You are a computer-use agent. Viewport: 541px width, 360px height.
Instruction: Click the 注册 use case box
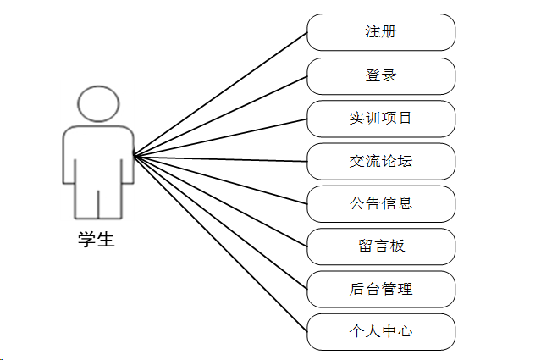381,32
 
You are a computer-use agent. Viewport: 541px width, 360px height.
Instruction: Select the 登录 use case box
381,75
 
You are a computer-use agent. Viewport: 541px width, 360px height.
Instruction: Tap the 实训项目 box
381,118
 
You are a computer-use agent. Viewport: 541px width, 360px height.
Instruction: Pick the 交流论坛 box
381,161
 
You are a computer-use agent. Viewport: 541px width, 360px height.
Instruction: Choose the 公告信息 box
381,203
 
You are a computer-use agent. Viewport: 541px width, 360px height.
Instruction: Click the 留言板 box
381,246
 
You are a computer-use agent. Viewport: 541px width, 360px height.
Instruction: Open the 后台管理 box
381,289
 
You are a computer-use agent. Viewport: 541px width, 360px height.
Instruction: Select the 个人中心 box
381,331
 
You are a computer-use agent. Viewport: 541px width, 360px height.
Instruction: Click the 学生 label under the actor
97,240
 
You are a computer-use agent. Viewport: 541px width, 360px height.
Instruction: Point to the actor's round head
97,103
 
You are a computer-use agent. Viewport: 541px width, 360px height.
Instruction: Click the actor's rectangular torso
98,157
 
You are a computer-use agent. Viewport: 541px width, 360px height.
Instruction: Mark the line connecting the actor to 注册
220,94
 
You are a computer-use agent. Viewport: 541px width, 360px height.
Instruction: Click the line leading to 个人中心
220,244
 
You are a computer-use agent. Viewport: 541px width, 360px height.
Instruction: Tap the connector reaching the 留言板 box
220,201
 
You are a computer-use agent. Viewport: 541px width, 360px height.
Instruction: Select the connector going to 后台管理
220,222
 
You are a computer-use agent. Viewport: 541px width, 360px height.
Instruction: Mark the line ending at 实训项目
220,137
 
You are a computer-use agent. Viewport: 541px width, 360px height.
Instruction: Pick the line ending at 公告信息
220,180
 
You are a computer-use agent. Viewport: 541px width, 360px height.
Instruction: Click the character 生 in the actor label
106,240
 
